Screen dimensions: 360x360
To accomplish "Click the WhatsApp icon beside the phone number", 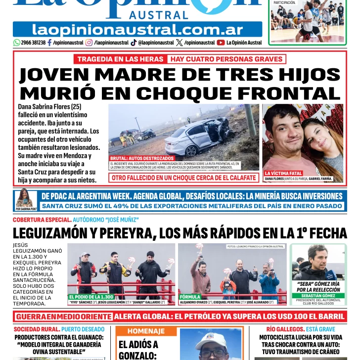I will (x=17, y=43).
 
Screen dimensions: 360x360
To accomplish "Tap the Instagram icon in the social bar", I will (x=89, y=43).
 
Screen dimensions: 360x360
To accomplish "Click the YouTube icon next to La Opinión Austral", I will (x=221, y=43).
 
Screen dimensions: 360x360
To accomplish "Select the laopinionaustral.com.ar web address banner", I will (x=137, y=30).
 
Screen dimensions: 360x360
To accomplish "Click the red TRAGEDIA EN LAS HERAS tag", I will (x=120, y=59).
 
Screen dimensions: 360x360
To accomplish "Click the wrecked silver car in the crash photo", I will (x=198, y=136).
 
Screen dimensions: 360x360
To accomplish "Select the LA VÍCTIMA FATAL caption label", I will (x=283, y=173).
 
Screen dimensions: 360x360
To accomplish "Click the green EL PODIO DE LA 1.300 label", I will (x=92, y=297).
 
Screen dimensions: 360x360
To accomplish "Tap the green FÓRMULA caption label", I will (x=190, y=297).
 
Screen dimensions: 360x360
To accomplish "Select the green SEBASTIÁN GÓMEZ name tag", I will (x=318, y=295).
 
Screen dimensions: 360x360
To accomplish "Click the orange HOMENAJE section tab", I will (x=146, y=331).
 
